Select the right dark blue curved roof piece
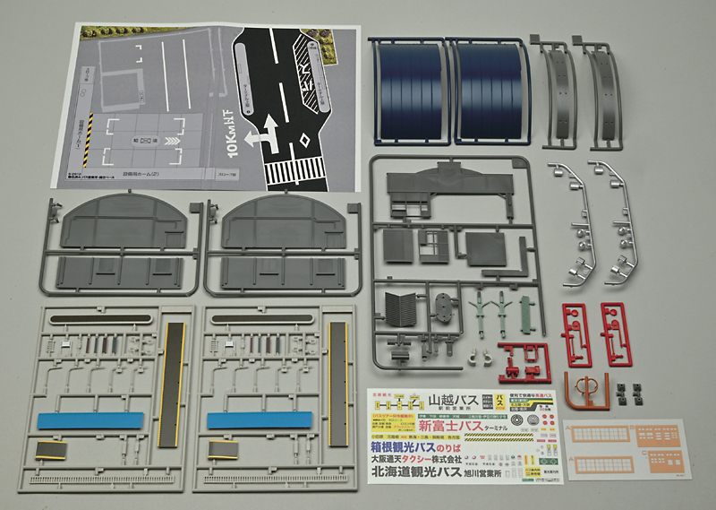tap(491, 90)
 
